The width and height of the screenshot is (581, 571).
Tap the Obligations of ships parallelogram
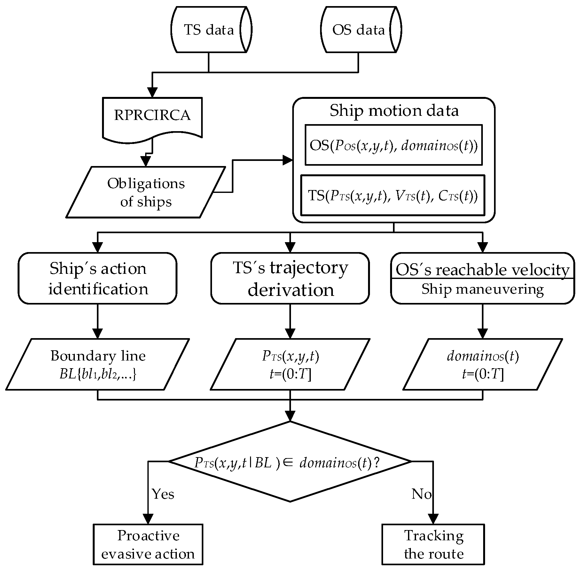pyautogui.click(x=146, y=192)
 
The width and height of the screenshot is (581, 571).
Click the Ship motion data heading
pyautogui.click(x=394, y=111)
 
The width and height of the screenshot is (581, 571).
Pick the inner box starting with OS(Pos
pyautogui.click(x=394, y=145)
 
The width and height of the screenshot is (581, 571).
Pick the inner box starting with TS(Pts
pyautogui.click(x=393, y=195)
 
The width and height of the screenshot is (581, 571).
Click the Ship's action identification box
pyautogui.click(x=98, y=278)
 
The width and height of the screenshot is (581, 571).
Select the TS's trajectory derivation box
pyautogui.click(x=290, y=278)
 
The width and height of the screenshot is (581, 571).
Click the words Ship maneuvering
pyautogui.click(x=482, y=289)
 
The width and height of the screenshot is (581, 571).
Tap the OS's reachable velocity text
pyautogui.click(x=482, y=270)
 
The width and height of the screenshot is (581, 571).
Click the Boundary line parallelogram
pyautogui.click(x=98, y=364)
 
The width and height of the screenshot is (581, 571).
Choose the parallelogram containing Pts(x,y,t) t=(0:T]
pyautogui.click(x=290, y=364)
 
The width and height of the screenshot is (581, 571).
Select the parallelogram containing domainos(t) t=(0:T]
pyautogui.click(x=482, y=364)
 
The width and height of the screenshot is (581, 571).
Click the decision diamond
pyautogui.click(x=290, y=462)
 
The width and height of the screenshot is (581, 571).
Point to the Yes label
pyautogui.click(x=163, y=494)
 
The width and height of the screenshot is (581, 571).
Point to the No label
pyautogui.click(x=421, y=494)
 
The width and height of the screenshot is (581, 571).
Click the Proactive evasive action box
pyautogui.click(x=148, y=544)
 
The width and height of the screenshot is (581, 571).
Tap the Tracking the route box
pyautogui.click(x=434, y=544)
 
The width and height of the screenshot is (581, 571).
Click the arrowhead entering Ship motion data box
pyautogui.click(x=288, y=160)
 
